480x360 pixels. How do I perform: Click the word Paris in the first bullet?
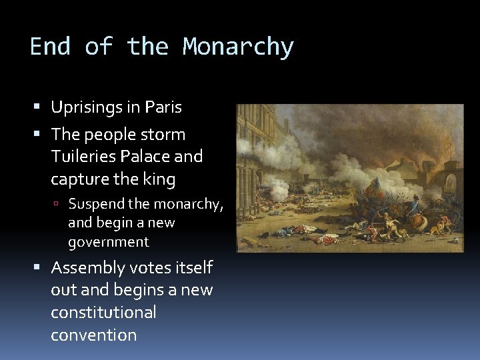[x=163, y=107]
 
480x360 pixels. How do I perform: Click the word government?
[x=109, y=241]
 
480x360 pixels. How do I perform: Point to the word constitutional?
[x=103, y=312]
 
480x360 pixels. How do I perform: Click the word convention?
[x=93, y=335]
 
